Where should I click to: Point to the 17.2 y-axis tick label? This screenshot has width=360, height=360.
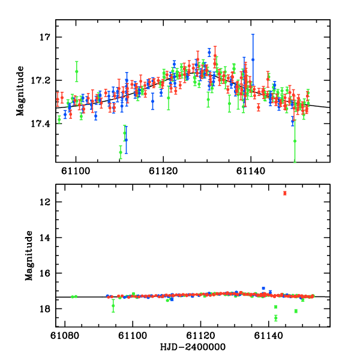40,80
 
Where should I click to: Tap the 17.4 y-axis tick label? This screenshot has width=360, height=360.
40,124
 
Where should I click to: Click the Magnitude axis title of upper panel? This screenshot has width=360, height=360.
20,91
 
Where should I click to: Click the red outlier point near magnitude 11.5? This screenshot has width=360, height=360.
285,193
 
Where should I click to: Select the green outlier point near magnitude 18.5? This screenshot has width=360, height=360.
275,318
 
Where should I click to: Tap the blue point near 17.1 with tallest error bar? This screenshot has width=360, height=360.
253,59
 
